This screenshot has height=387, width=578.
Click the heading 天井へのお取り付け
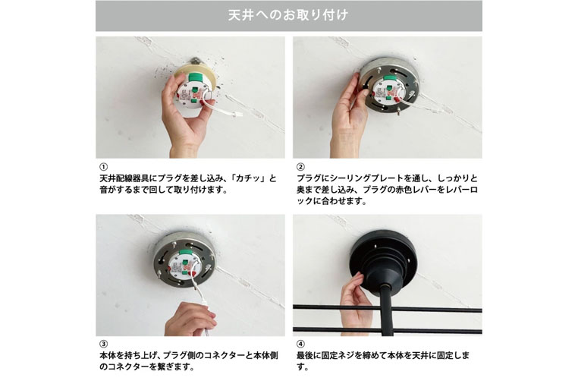tap(288, 15)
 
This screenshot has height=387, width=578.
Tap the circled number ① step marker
tap(104, 167)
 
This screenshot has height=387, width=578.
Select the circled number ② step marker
tap(300, 167)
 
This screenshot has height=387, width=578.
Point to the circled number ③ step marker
tap(104, 344)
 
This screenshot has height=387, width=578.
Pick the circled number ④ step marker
tap(300, 344)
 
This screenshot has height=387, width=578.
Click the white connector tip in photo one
tap(238, 114)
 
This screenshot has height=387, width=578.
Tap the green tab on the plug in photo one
tap(196, 77)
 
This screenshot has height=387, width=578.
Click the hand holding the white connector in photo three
tap(191, 319)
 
